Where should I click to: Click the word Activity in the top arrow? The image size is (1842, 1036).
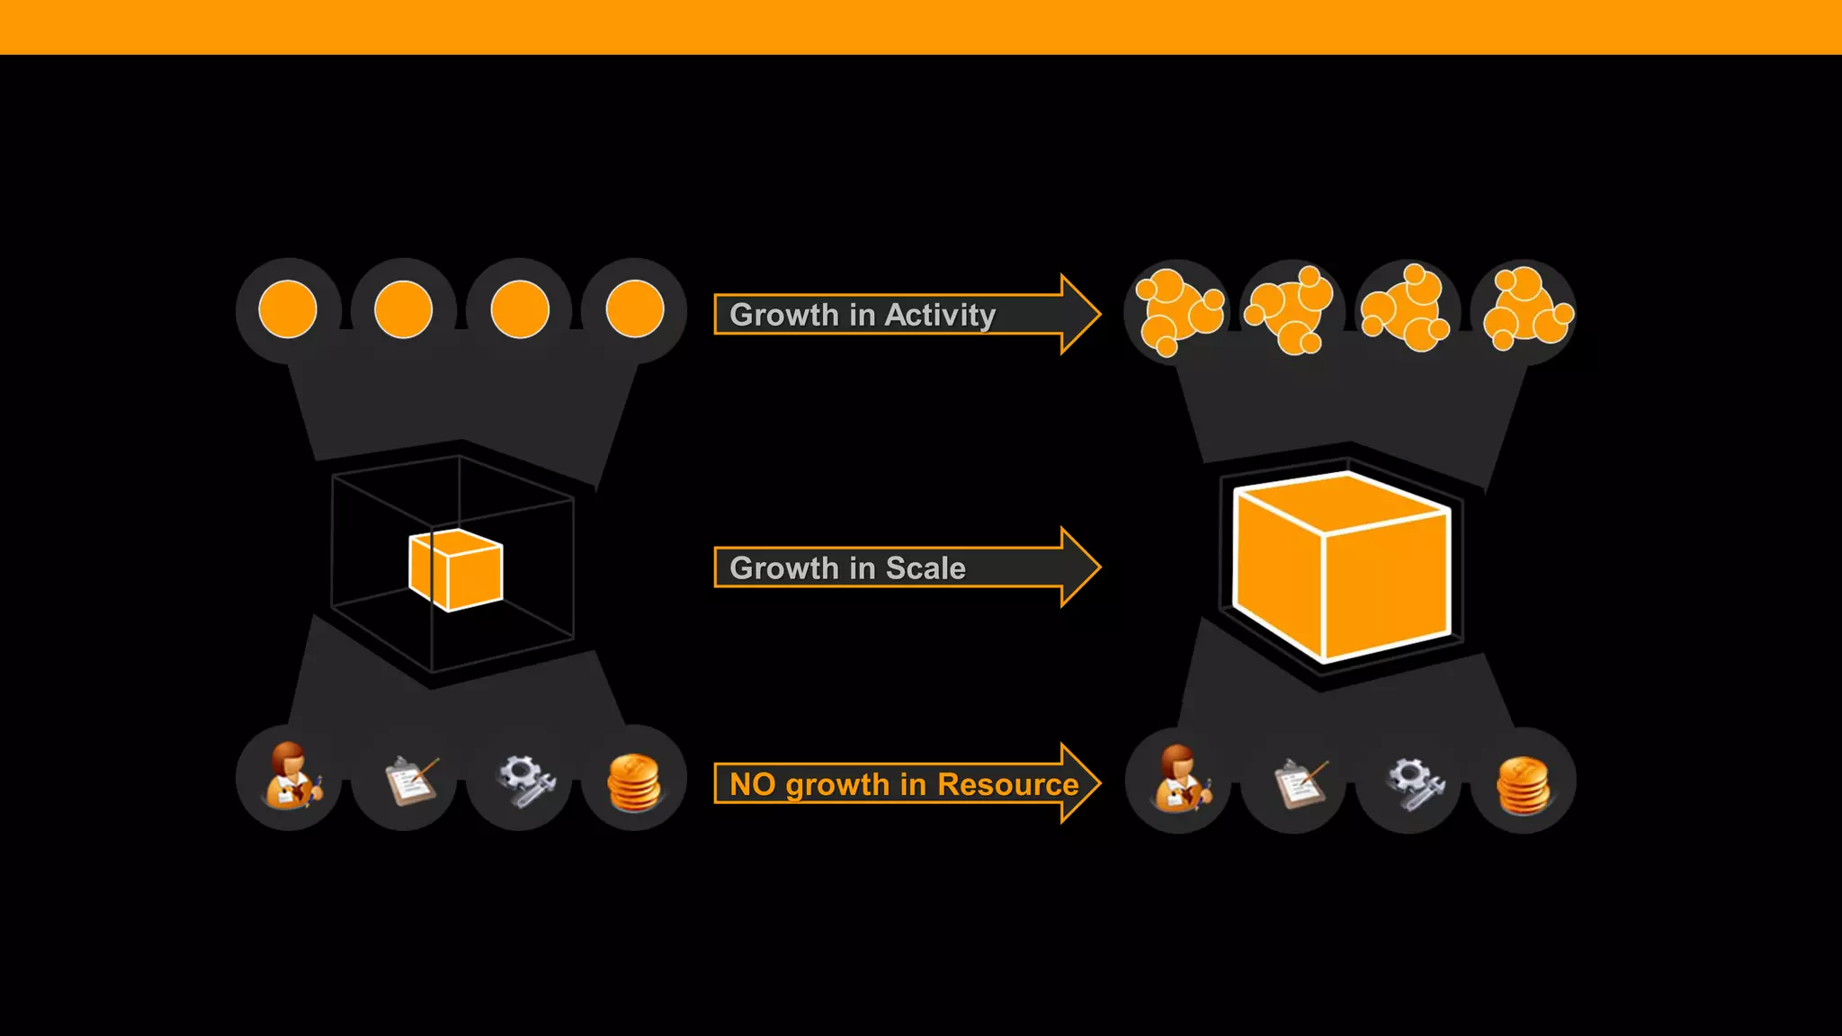click(940, 315)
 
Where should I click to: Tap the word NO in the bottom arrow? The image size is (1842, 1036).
click(752, 784)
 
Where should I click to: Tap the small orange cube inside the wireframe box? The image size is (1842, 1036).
click(456, 570)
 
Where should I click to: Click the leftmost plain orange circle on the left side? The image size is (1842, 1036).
click(288, 309)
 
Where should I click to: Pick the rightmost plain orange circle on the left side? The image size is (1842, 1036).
click(635, 309)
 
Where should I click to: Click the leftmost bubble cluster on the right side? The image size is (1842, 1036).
click(1177, 311)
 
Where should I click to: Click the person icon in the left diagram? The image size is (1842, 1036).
click(291, 776)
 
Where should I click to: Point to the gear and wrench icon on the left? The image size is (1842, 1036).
click(525, 780)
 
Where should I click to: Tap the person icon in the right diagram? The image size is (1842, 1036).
click(1180, 779)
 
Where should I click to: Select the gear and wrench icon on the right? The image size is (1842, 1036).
click(1415, 783)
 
